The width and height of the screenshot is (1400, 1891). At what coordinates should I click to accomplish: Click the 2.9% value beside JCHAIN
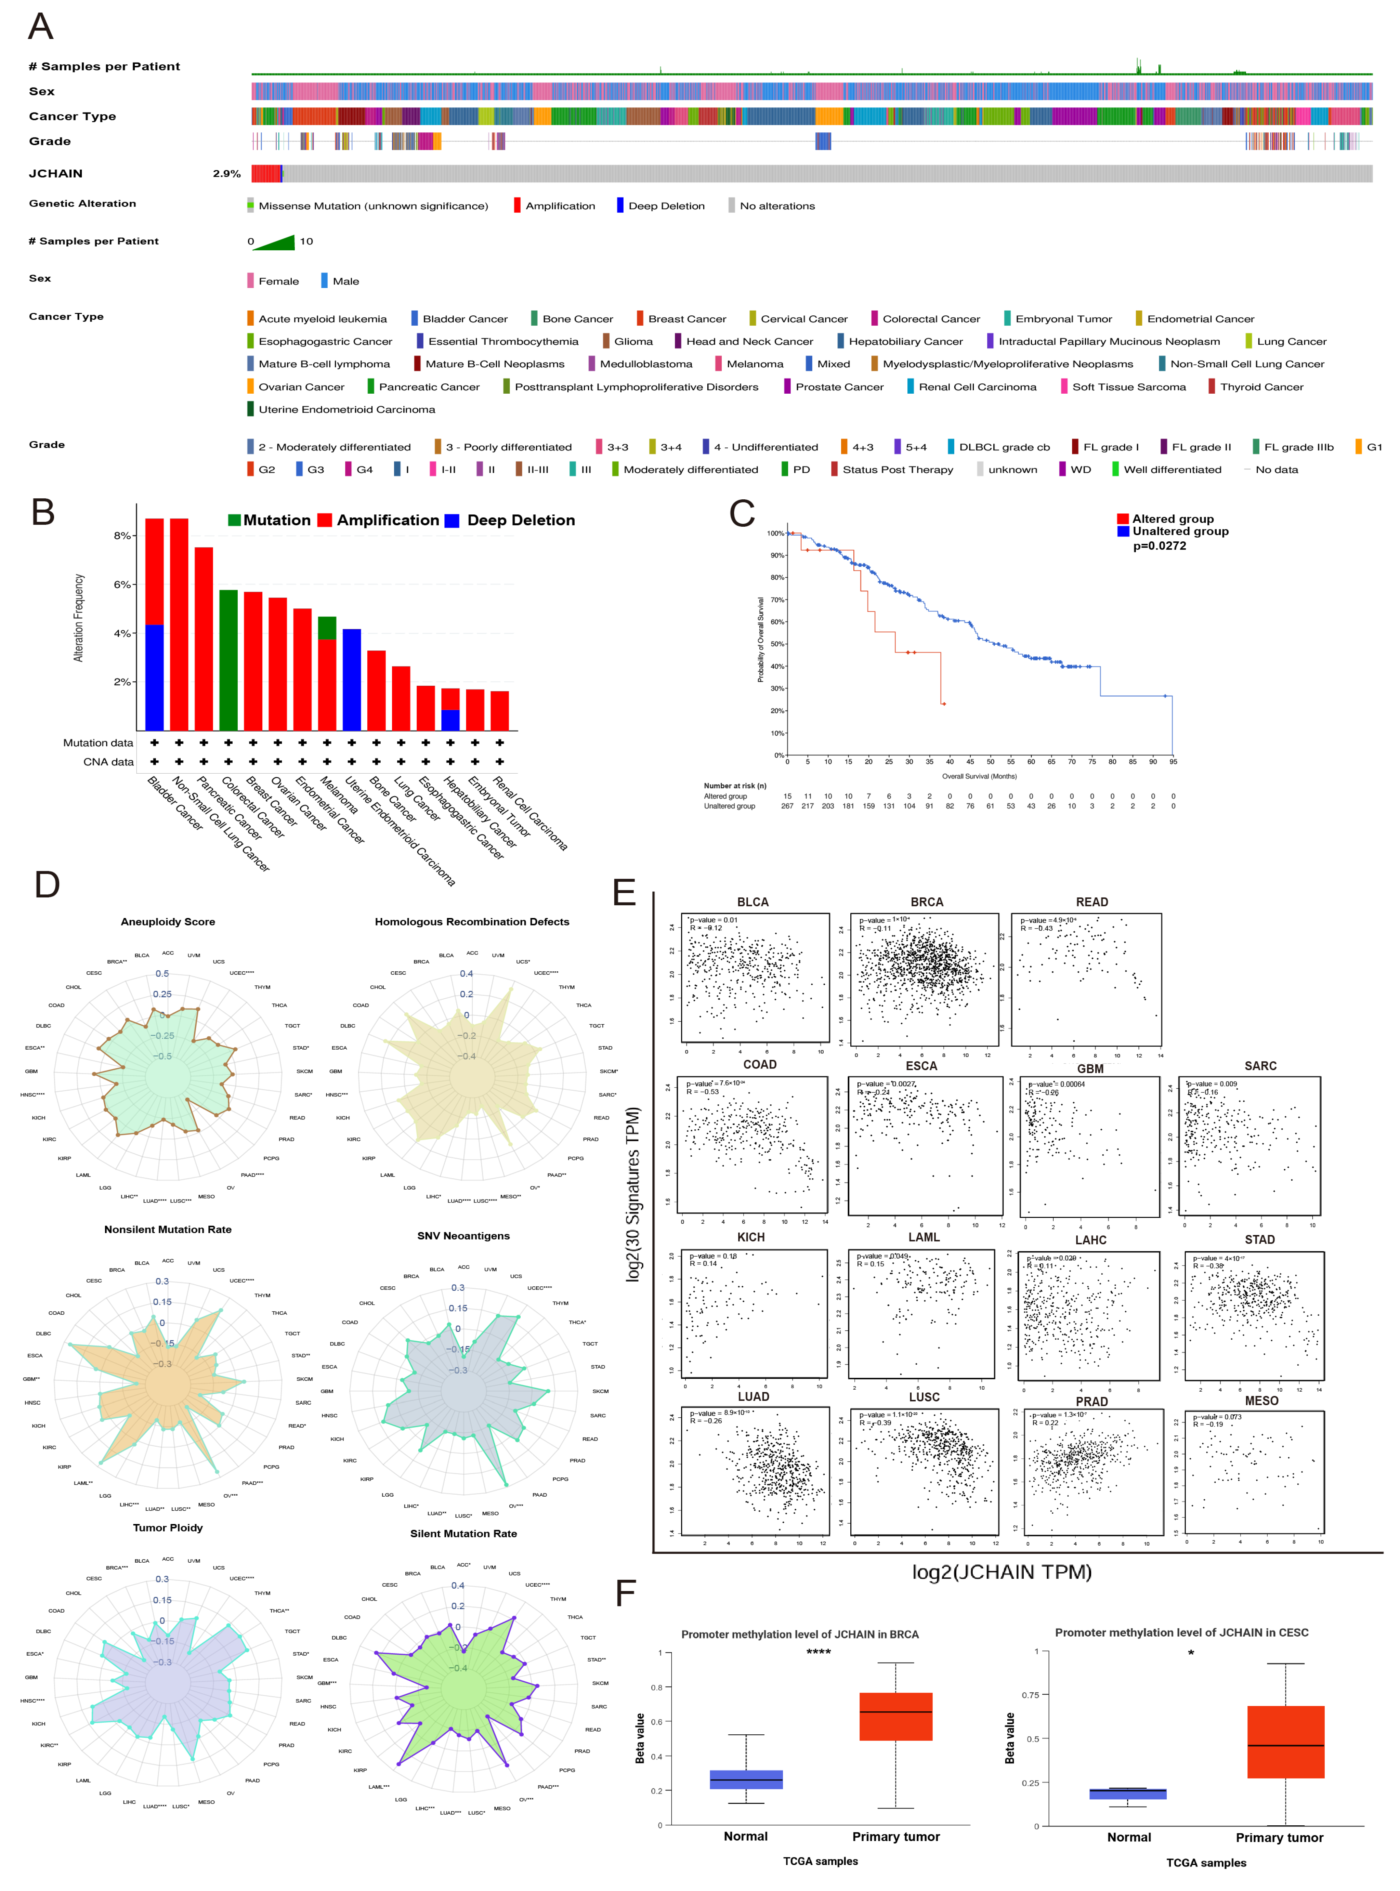click(x=226, y=174)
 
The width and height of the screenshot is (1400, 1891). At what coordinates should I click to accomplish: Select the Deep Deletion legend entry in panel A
click(x=665, y=206)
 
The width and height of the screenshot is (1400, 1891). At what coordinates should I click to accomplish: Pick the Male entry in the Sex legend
click(x=345, y=281)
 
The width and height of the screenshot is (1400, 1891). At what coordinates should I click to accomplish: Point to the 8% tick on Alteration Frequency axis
click(x=123, y=536)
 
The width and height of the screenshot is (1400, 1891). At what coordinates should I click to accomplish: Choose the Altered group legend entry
click(x=1172, y=518)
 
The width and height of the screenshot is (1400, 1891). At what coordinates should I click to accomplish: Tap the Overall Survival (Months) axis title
click(x=979, y=776)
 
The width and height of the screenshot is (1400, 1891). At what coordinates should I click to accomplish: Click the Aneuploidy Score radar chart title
click(x=168, y=922)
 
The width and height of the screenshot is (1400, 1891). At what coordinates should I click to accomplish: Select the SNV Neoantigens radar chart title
click(x=463, y=1236)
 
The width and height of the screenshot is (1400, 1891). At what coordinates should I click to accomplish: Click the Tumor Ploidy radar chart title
click(x=168, y=1527)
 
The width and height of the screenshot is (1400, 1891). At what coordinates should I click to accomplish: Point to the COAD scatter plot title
click(x=759, y=1065)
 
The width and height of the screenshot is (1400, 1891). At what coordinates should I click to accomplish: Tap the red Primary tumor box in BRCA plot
click(x=896, y=1717)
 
